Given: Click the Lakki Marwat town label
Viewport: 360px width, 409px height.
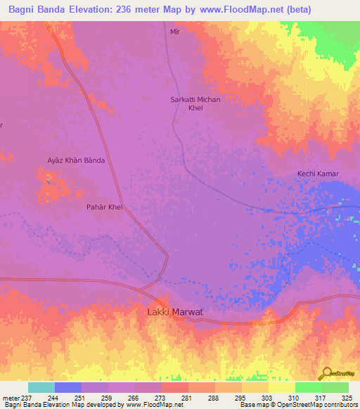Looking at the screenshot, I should pos(176,311).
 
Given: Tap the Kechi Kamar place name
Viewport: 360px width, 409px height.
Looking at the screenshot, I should pos(318,174).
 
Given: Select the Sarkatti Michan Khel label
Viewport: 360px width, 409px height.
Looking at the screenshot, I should pos(195,104).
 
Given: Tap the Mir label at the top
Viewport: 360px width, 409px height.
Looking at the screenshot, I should pos(176,32).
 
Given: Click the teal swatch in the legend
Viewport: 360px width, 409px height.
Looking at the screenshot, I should pos(41,387).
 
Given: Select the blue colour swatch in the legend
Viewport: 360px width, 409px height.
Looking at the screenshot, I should pos(68,387).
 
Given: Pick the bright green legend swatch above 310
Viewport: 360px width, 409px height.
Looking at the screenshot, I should pos(308,387).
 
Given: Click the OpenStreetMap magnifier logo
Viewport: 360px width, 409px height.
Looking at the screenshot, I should pos(326,373).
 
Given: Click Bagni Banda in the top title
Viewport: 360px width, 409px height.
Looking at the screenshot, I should pos(35,9).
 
